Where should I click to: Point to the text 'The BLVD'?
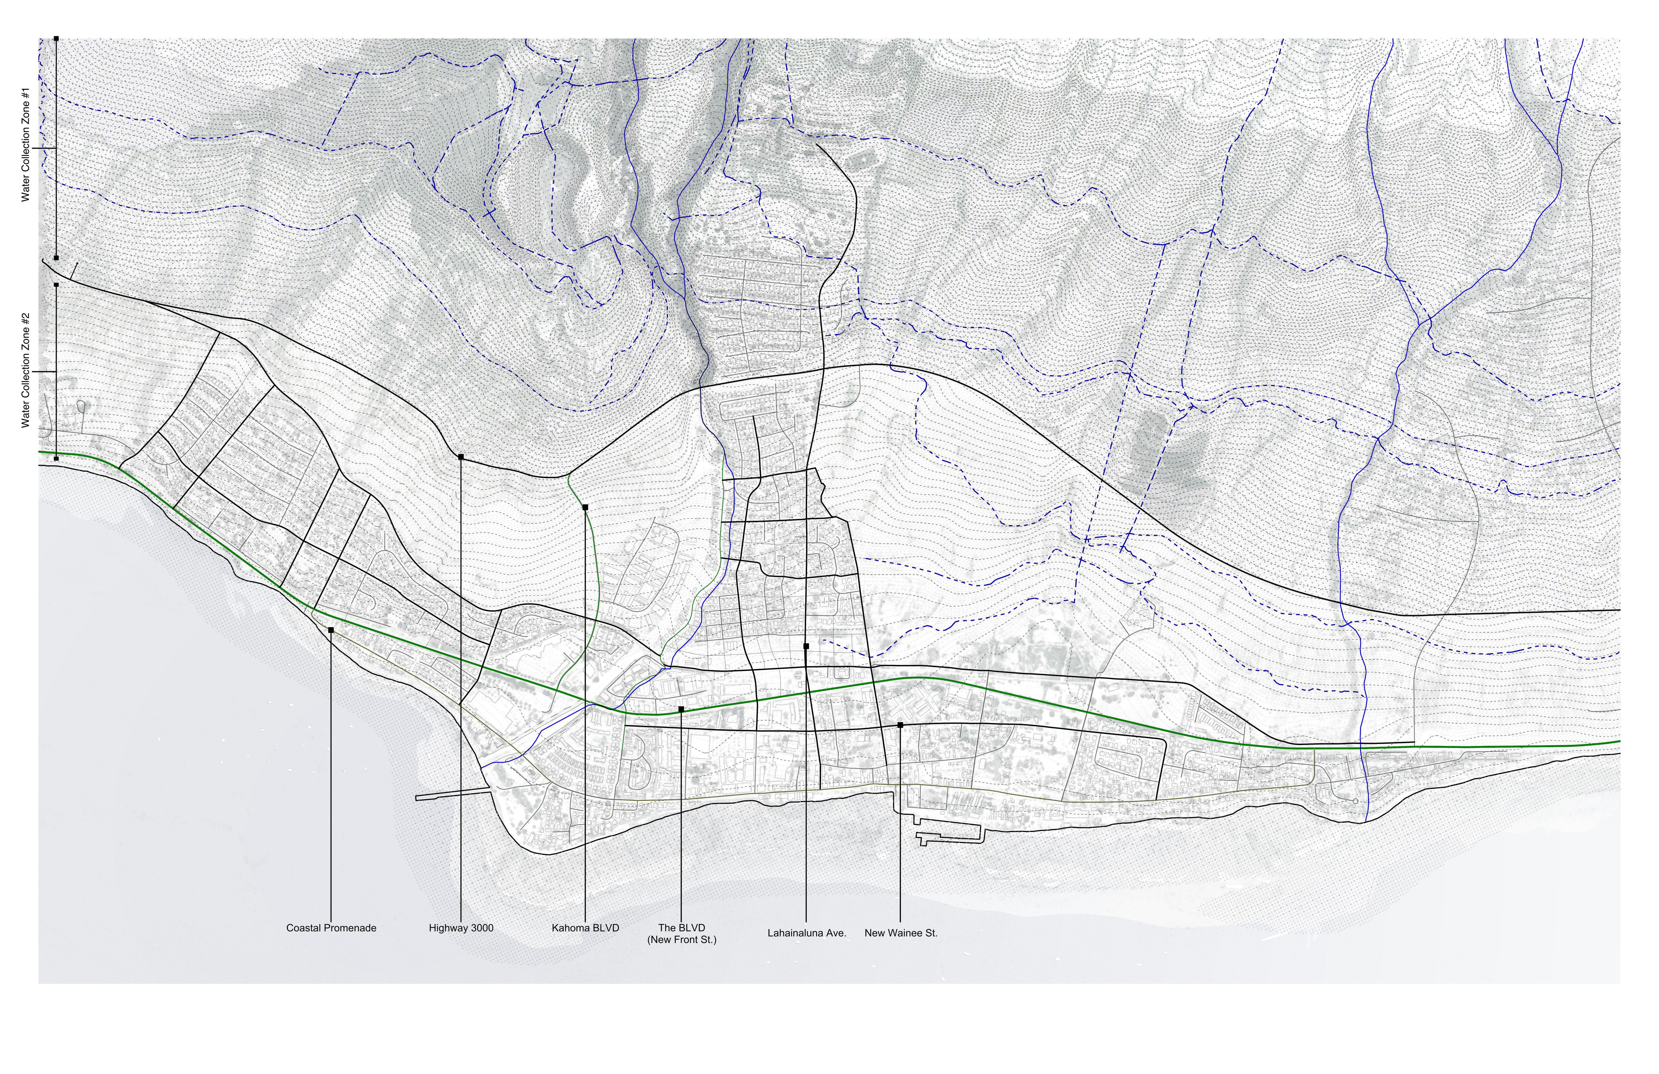click(x=681, y=928)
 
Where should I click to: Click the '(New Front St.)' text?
click(x=681, y=939)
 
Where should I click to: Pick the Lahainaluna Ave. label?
click(x=806, y=932)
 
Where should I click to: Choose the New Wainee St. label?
click(x=901, y=932)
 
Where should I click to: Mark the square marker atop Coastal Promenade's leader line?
click(x=330, y=630)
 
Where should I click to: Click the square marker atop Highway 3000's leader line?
click(x=461, y=457)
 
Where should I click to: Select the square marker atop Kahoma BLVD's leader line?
click(x=585, y=507)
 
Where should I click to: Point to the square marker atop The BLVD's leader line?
click(x=681, y=709)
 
